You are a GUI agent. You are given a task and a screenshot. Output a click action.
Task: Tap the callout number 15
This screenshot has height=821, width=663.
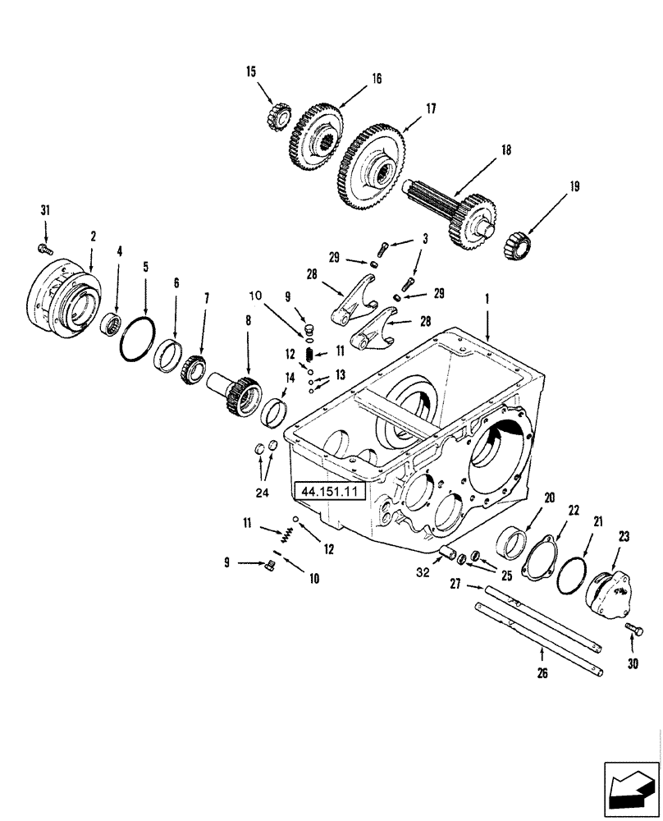(250, 72)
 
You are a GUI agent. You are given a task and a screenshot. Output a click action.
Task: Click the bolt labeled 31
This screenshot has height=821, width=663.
(45, 247)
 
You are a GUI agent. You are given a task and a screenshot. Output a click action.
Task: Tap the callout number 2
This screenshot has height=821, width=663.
(93, 236)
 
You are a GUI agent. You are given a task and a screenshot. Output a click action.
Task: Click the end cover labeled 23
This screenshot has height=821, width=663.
(610, 593)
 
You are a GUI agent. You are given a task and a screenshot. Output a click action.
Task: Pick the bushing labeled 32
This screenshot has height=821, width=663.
(450, 553)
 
